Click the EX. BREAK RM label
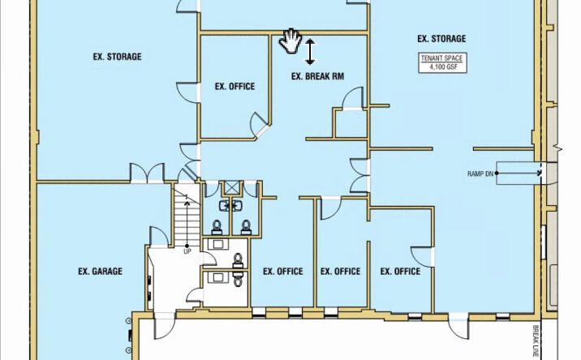(317, 76)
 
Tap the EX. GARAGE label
(100, 272)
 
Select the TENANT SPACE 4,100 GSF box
(441, 62)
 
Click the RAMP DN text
(480, 174)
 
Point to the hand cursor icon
(290, 41)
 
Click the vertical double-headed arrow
(310, 52)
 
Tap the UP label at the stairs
(187, 251)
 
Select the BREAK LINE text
(536, 341)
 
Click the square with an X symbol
(232, 188)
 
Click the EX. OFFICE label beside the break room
(235, 87)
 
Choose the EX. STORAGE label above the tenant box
(441, 39)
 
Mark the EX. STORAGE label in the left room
(117, 57)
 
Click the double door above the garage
(147, 173)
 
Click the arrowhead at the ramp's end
(538, 173)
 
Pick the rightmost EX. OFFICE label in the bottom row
(400, 272)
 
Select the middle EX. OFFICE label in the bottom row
(340, 272)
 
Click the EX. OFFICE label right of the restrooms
(283, 272)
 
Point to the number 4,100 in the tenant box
(437, 67)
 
